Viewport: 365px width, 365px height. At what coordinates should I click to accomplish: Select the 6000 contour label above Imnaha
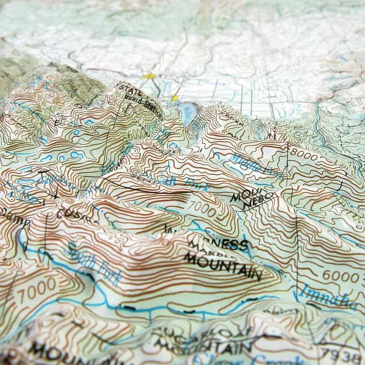[340, 276]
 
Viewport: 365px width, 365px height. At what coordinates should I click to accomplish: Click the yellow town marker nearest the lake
[174, 98]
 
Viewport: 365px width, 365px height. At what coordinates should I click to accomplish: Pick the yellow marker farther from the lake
[149, 76]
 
